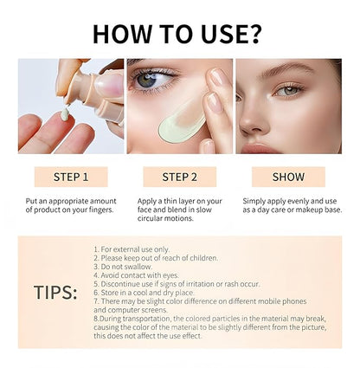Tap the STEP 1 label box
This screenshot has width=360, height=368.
72,178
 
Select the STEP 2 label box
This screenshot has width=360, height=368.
180,178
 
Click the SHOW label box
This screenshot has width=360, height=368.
288,178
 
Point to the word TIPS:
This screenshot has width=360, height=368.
55,292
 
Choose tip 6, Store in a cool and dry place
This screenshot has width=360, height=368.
147,293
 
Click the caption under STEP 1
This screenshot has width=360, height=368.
71,205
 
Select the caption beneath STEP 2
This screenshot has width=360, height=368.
180,210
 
